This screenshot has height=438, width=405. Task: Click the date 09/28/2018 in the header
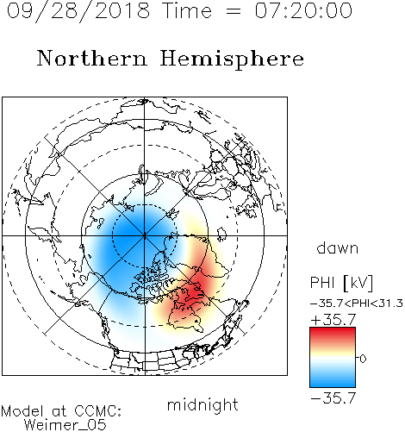(x=78, y=11)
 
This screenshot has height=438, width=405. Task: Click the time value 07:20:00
(x=303, y=10)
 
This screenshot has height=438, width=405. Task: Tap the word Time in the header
(x=187, y=10)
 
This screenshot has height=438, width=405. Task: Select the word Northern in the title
(x=92, y=58)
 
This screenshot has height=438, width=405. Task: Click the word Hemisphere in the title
(x=232, y=59)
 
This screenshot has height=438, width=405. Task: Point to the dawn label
(x=338, y=248)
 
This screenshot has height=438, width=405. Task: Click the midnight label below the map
(x=202, y=404)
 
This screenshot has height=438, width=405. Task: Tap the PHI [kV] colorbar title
(x=341, y=283)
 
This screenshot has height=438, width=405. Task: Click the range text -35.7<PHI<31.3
(x=357, y=303)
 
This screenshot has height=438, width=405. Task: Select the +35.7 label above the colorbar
(x=333, y=320)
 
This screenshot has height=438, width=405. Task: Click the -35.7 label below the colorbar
(x=333, y=398)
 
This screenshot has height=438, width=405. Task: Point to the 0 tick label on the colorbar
(x=363, y=359)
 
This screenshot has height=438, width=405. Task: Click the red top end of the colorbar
(x=333, y=330)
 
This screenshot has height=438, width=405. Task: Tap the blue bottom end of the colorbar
(x=333, y=384)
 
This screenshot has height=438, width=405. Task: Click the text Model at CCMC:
(x=61, y=411)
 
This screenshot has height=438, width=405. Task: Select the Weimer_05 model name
(x=65, y=425)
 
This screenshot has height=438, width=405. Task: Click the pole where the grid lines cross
(x=145, y=235)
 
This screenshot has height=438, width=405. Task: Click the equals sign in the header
(x=234, y=11)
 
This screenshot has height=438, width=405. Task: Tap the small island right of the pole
(x=221, y=234)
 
